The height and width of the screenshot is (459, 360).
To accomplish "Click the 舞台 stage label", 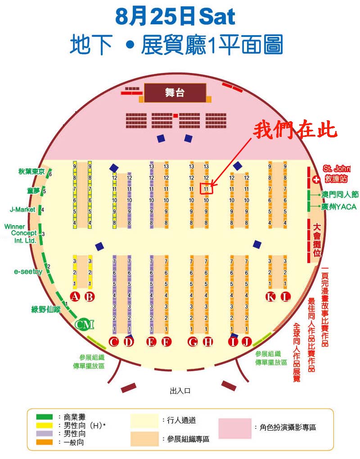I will [x=175, y=93].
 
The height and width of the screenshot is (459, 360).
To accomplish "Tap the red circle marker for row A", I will [x=75, y=296].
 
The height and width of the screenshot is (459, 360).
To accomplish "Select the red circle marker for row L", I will [x=286, y=296].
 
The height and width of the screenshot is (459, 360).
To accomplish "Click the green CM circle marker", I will [x=84, y=324].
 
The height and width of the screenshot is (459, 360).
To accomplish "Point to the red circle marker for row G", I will [x=193, y=341].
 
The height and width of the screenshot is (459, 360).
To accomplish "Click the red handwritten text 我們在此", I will [x=295, y=131].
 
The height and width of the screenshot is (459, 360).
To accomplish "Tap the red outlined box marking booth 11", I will [x=206, y=188].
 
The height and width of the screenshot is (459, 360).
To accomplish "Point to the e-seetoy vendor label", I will [x=28, y=272].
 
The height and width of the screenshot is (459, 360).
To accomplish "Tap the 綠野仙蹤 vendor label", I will [x=45, y=309].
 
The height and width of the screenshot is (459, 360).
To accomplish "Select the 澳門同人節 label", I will [x=340, y=195].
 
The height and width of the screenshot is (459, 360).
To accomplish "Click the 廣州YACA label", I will [x=339, y=207].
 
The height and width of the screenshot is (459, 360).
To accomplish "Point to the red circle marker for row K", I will [x=270, y=296].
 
